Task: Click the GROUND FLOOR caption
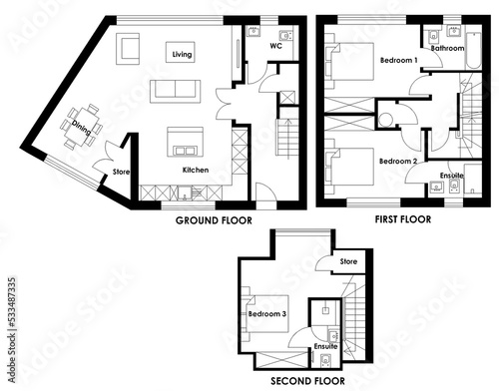tap(214, 220)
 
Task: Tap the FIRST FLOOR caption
tap(403, 219)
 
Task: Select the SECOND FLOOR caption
tap(307, 381)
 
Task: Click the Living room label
tap(182, 54)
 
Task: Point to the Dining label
tap(81, 128)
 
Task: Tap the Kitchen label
tap(196, 170)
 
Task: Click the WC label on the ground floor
tap(275, 46)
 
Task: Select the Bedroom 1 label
tap(398, 60)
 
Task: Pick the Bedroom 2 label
tap(398, 162)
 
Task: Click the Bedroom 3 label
tap(267, 314)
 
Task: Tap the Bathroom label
tap(447, 48)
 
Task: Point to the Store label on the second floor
tap(348, 261)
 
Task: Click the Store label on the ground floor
tap(121, 172)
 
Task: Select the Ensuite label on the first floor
tap(452, 176)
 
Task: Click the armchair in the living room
tap(128, 49)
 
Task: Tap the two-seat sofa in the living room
tap(176, 91)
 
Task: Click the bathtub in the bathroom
tap(473, 51)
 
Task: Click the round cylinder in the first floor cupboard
tap(386, 120)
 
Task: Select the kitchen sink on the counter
tap(184, 193)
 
